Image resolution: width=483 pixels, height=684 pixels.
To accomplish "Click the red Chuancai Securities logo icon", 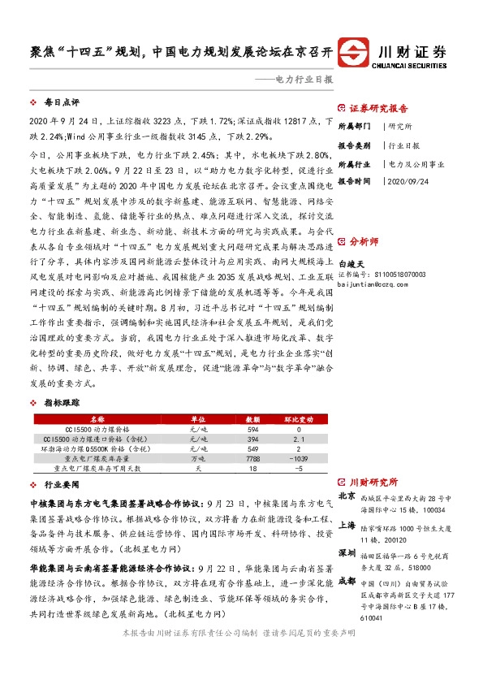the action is click(x=354, y=50).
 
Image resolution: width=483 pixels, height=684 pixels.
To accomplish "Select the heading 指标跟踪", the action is click(x=62, y=403).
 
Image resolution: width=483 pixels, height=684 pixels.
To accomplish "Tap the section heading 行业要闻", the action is click(x=62, y=483).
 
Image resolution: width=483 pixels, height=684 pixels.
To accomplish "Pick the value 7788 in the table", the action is click(x=252, y=459).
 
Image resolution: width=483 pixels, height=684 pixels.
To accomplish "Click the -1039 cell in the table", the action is click(x=298, y=459).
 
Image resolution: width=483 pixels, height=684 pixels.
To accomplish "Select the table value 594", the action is click(x=252, y=429).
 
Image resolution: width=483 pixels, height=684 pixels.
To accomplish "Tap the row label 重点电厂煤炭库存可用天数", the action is click(x=97, y=469).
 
